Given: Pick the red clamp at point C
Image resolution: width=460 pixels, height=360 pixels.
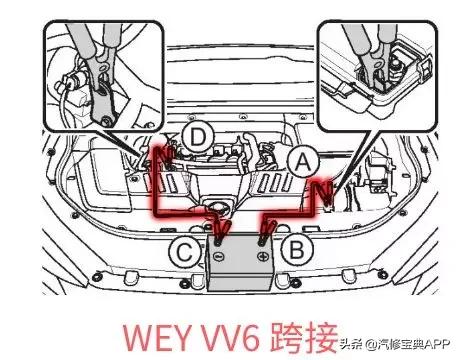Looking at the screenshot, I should point(215,233).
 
